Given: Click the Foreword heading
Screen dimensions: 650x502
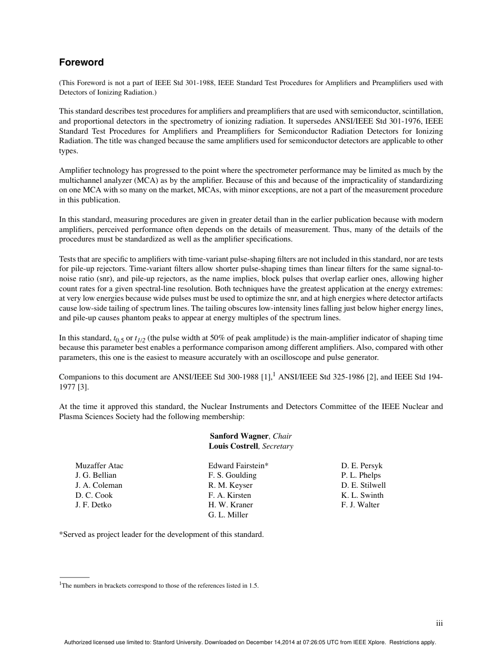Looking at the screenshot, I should (x=81, y=62).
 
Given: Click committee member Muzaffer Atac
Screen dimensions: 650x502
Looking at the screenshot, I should (x=99, y=466).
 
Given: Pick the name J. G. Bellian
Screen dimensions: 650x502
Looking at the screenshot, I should (x=96, y=475).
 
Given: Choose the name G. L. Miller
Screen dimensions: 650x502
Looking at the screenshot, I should (x=228, y=515).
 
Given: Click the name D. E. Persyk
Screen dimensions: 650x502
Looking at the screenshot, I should (x=362, y=466).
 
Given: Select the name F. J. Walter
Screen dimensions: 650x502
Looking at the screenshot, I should (x=360, y=505).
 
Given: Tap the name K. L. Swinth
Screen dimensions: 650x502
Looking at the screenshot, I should (x=362, y=495).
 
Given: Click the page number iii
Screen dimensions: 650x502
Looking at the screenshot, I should (x=439, y=624).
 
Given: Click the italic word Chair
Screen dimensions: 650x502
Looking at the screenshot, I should (x=282, y=436).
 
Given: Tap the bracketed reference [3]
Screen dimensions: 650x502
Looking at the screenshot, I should (x=84, y=387).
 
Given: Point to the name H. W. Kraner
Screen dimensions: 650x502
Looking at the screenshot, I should (x=231, y=505).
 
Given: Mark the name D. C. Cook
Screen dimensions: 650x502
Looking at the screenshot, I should (x=94, y=495).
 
